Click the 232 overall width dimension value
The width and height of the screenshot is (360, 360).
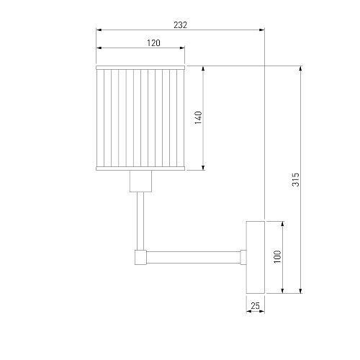tap(180, 25)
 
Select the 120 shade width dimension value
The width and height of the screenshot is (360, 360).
tap(153, 43)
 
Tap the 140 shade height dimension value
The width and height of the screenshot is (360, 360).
tap(199, 117)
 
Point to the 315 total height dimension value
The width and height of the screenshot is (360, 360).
tap(296, 179)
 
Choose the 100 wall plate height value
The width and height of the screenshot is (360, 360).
tap(277, 257)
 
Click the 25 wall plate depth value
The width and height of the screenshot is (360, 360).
tap(255, 306)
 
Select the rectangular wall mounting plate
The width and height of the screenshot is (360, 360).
tap(256, 257)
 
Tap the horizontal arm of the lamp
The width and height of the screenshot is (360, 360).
tap(194, 257)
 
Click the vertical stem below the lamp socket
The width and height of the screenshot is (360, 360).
tap(140, 221)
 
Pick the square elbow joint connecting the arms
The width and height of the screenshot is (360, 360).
tap(140, 257)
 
